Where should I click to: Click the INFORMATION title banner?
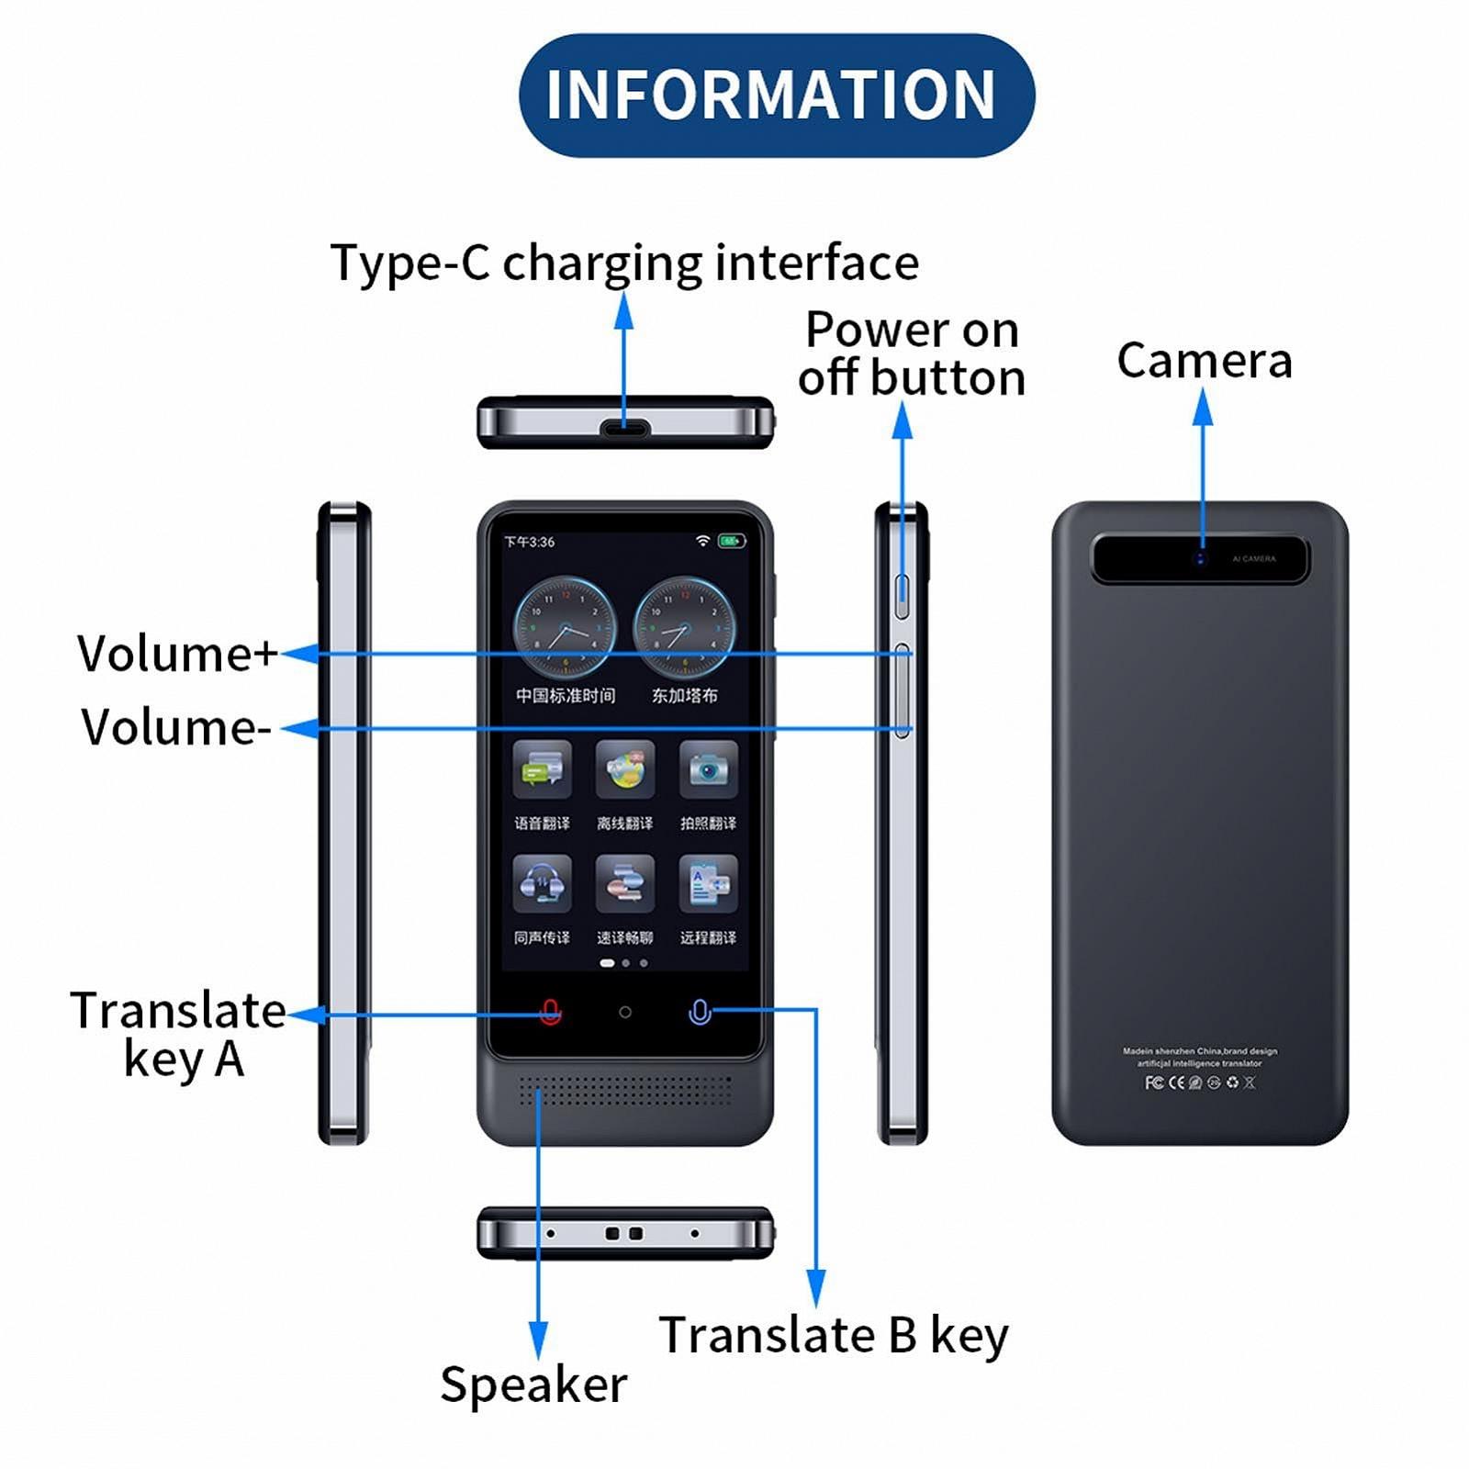click(776, 95)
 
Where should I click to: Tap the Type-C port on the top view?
click(625, 428)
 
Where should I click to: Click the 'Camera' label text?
click(1204, 360)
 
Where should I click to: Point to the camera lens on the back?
click(1199, 558)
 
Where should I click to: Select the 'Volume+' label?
click(176, 654)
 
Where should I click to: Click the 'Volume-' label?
click(175, 727)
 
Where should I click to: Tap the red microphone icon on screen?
click(550, 1012)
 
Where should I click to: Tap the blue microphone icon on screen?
click(700, 1012)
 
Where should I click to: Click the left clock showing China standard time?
click(564, 628)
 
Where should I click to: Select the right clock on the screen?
click(685, 628)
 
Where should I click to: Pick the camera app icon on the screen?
click(708, 769)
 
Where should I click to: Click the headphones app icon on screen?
click(542, 883)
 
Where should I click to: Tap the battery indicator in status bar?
click(732, 541)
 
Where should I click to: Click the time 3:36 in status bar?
click(530, 542)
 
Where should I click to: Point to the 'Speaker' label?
click(533, 1385)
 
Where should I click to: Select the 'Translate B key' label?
click(833, 1335)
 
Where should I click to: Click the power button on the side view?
click(903, 596)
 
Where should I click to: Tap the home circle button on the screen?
click(625, 1012)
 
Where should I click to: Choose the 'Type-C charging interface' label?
click(624, 264)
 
